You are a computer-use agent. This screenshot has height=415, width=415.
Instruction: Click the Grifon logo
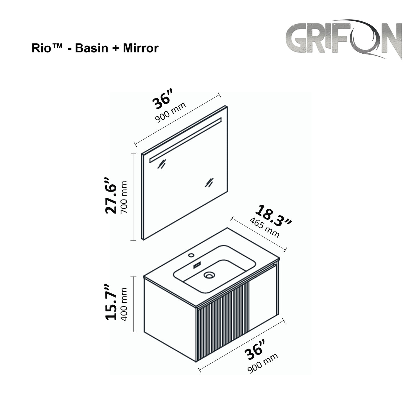point(344,39)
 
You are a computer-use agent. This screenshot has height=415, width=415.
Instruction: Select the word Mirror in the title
point(141,48)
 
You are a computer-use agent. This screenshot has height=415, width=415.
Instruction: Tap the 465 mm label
point(264,227)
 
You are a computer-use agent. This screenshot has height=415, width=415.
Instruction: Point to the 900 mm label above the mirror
point(171,112)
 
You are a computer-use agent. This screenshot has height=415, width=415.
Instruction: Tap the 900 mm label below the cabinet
point(263,363)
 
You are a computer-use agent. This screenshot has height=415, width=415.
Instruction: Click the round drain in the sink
point(209,276)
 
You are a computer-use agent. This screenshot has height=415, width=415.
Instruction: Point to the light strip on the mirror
point(186,140)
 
